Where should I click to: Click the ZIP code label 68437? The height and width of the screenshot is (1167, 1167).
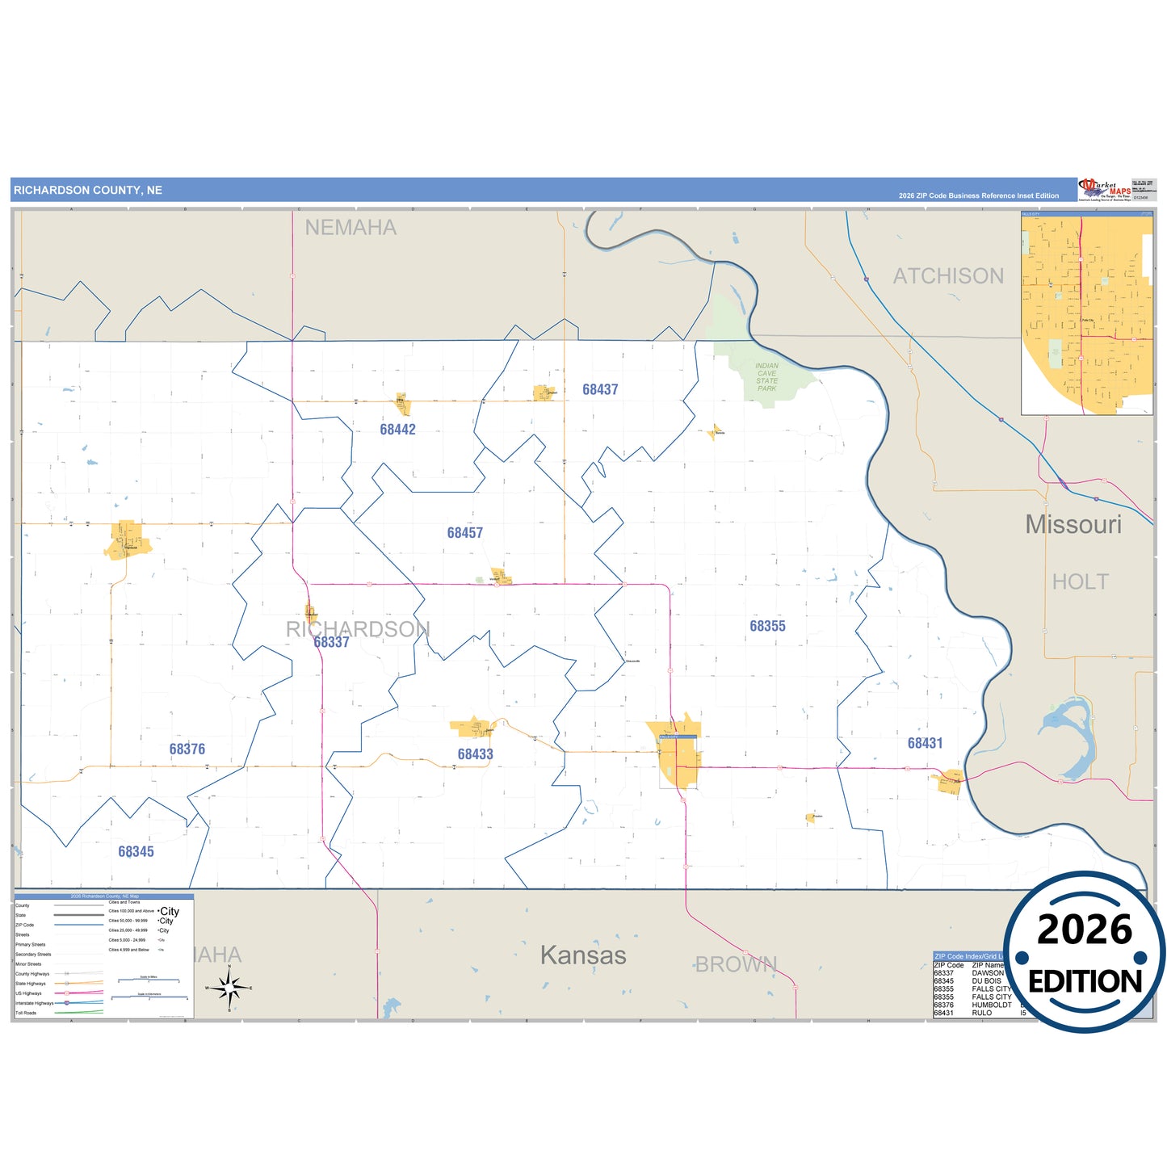(x=600, y=389)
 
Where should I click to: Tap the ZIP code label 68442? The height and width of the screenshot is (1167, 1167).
(x=397, y=430)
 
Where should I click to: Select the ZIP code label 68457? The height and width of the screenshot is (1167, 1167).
(x=464, y=533)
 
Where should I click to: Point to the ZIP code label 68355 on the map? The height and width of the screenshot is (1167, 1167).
(x=767, y=626)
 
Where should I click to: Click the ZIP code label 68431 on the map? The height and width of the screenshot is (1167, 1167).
(x=925, y=743)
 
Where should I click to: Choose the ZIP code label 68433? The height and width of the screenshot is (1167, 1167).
(x=475, y=754)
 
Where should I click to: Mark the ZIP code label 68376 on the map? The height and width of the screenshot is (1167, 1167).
(x=187, y=749)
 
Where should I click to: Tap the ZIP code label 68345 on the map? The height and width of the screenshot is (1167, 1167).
(x=136, y=852)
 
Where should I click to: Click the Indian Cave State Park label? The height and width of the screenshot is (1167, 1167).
(x=766, y=377)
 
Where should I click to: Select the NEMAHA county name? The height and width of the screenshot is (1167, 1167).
(x=351, y=228)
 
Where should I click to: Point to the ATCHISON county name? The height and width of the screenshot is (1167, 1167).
(x=948, y=276)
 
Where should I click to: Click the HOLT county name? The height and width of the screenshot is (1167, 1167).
(x=1080, y=581)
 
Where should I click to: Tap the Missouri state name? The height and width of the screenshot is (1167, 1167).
(x=1073, y=525)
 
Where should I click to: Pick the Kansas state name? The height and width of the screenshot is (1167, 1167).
(x=583, y=955)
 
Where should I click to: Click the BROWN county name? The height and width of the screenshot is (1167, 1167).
(x=736, y=964)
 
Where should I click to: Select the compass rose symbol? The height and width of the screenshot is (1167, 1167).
(x=229, y=987)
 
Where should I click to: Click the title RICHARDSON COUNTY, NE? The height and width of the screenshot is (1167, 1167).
(x=88, y=191)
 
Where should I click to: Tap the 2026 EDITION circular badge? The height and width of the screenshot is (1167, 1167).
(x=1084, y=953)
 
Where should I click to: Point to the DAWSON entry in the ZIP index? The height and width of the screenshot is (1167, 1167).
(x=987, y=973)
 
